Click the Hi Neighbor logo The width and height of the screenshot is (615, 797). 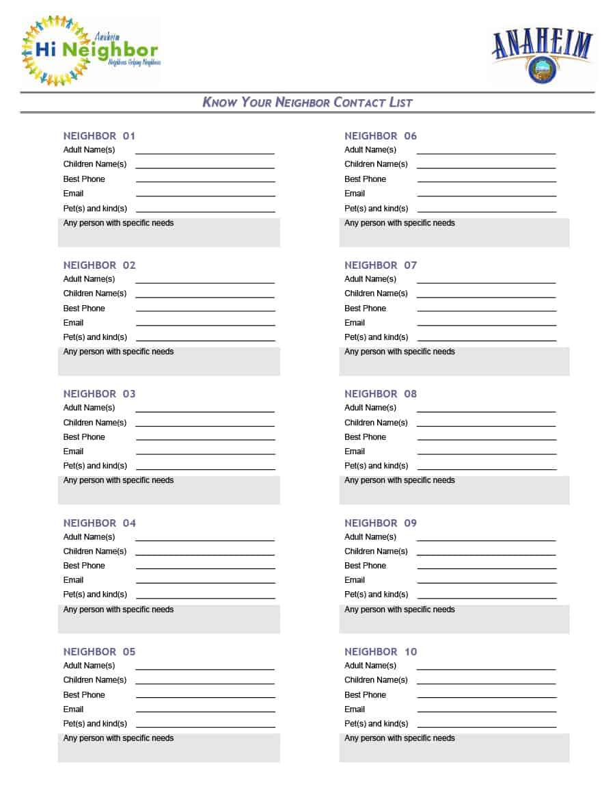tap(91, 51)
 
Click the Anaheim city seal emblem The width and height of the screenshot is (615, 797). tap(542, 70)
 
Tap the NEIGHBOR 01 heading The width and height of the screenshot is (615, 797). tap(99, 135)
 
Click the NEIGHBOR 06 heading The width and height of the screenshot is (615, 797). tap(381, 135)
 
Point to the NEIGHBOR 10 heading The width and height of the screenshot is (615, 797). tap(381, 651)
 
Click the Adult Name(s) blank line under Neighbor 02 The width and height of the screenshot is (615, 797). tap(205, 282)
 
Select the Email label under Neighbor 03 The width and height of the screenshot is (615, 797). tap(73, 452)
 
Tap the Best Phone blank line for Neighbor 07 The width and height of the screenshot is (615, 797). tap(487, 311)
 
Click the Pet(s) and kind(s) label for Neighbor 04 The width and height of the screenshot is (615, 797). tap(95, 595)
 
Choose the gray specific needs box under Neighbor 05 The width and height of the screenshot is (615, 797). tap(169, 747)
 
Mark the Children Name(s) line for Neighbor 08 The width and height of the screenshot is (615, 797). tap(486, 426)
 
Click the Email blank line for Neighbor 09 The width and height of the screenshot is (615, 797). tap(487, 583)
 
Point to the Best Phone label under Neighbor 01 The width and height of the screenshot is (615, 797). tap(84, 179)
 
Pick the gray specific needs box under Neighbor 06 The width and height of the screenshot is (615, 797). tap(454, 232)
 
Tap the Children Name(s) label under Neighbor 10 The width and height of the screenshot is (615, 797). tap(376, 680)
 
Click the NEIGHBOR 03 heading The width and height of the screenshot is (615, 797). tap(99, 393)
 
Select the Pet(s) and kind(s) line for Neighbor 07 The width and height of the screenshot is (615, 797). tap(487, 340)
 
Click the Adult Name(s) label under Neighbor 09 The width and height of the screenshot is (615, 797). tap(370, 537)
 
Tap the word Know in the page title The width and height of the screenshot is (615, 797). tap(219, 103)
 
